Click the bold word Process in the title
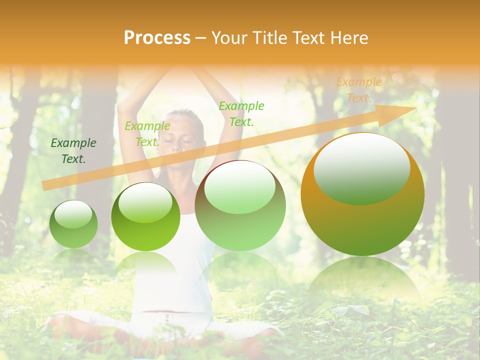click(x=157, y=38)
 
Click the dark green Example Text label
click(x=73, y=151)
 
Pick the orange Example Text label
click(x=358, y=90)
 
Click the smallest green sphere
click(x=73, y=224)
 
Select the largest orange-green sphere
click(x=362, y=195)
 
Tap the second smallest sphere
click(x=145, y=216)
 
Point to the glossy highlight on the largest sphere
click(x=362, y=167)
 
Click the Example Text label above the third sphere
click(x=241, y=113)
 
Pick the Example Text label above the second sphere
click(x=147, y=133)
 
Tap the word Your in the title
click(x=229, y=38)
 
